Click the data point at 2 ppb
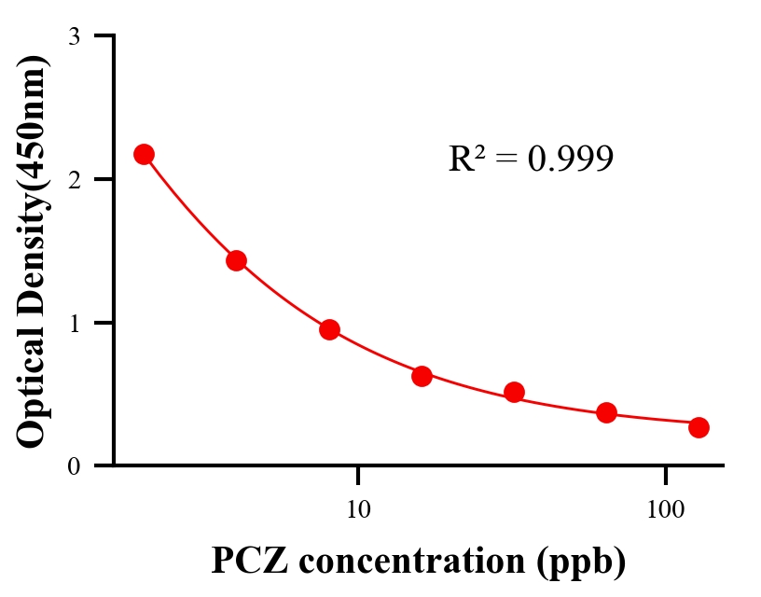144,154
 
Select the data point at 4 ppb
236,260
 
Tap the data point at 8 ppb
329,329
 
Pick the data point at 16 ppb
422,376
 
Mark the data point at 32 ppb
514,392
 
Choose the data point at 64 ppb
606,412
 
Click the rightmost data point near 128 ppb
699,427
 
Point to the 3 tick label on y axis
74,36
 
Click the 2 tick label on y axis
74,179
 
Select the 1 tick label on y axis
74,323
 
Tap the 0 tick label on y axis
74,466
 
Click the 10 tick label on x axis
358,510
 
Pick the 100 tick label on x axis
665,510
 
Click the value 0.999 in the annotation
570,160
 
